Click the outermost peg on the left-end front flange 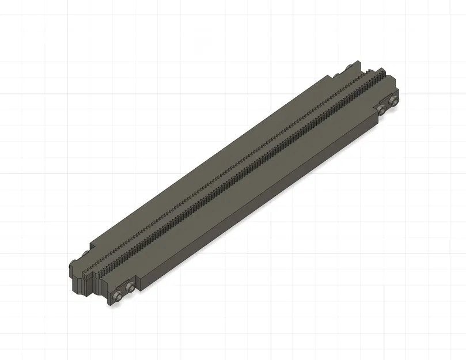click(x=118, y=296)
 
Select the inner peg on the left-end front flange click(x=130, y=287)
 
